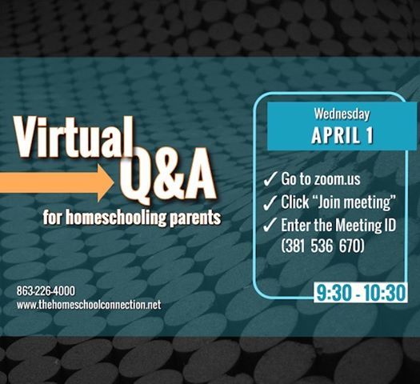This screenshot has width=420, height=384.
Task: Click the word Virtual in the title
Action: (74, 137)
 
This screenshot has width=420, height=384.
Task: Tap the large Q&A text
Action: (168, 176)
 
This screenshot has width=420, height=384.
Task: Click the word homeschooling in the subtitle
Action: (116, 218)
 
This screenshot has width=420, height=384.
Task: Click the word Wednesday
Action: (342, 114)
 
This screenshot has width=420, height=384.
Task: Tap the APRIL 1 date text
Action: (342, 134)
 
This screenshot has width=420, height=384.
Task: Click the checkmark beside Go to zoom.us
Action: (270, 179)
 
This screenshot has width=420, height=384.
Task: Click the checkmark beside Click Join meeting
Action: (270, 202)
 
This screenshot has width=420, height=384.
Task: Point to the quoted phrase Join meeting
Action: (354, 202)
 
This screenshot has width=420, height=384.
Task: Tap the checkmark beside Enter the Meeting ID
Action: (270, 225)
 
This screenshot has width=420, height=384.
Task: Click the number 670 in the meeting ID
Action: (349, 246)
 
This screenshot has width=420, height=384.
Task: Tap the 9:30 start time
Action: (334, 293)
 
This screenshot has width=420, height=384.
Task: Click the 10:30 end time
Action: (385, 293)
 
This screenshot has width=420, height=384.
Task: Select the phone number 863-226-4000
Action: (46, 291)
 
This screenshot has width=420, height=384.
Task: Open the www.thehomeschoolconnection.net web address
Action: (89, 305)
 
